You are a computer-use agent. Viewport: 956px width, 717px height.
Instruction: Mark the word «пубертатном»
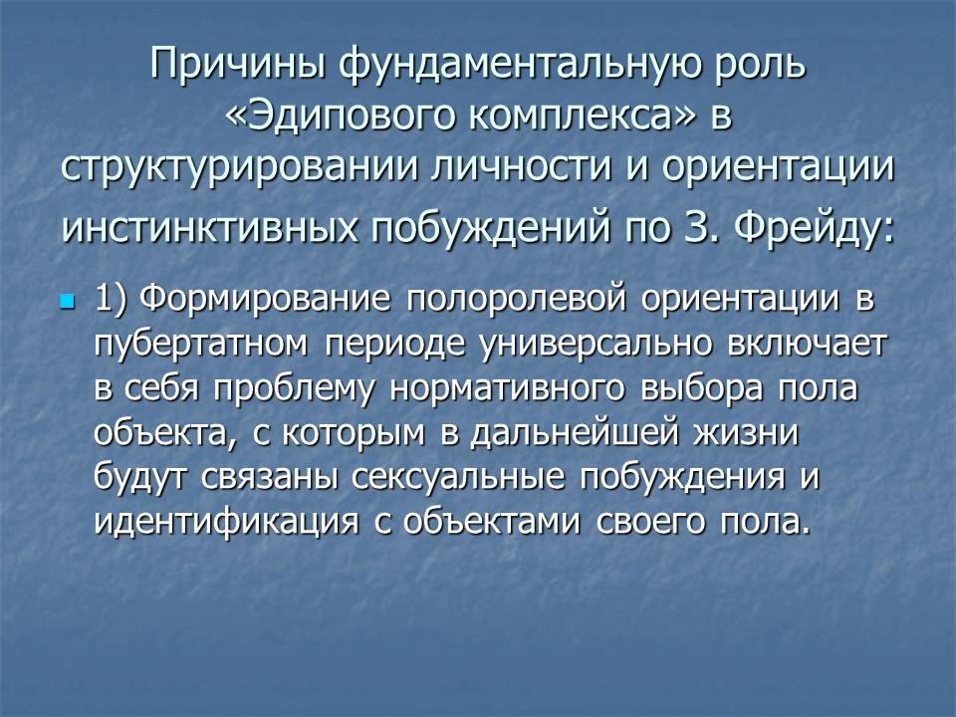pyautogui.click(x=201, y=345)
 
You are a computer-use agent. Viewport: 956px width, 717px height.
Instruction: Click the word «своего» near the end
pyautogui.click(x=661, y=523)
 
